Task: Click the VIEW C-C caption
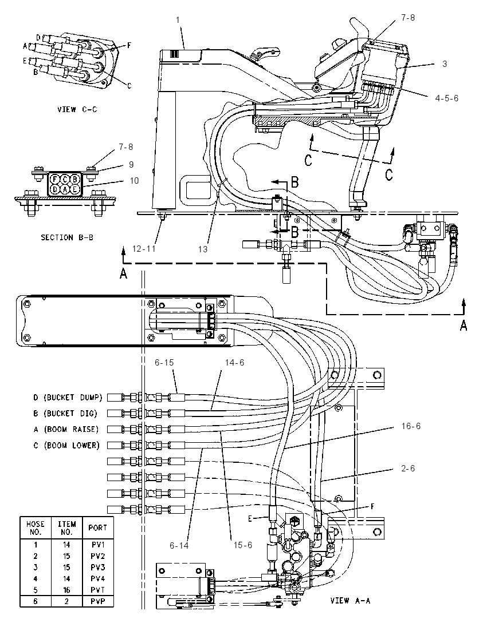click(x=77, y=109)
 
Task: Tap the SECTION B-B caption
click(x=67, y=237)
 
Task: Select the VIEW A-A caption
click(x=351, y=600)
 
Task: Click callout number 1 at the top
click(x=178, y=19)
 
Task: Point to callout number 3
click(x=445, y=64)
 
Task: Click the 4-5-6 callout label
click(x=446, y=98)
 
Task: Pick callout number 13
click(x=203, y=249)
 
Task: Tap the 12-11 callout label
click(x=143, y=249)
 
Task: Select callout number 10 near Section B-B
click(x=134, y=181)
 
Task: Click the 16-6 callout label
click(x=411, y=426)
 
